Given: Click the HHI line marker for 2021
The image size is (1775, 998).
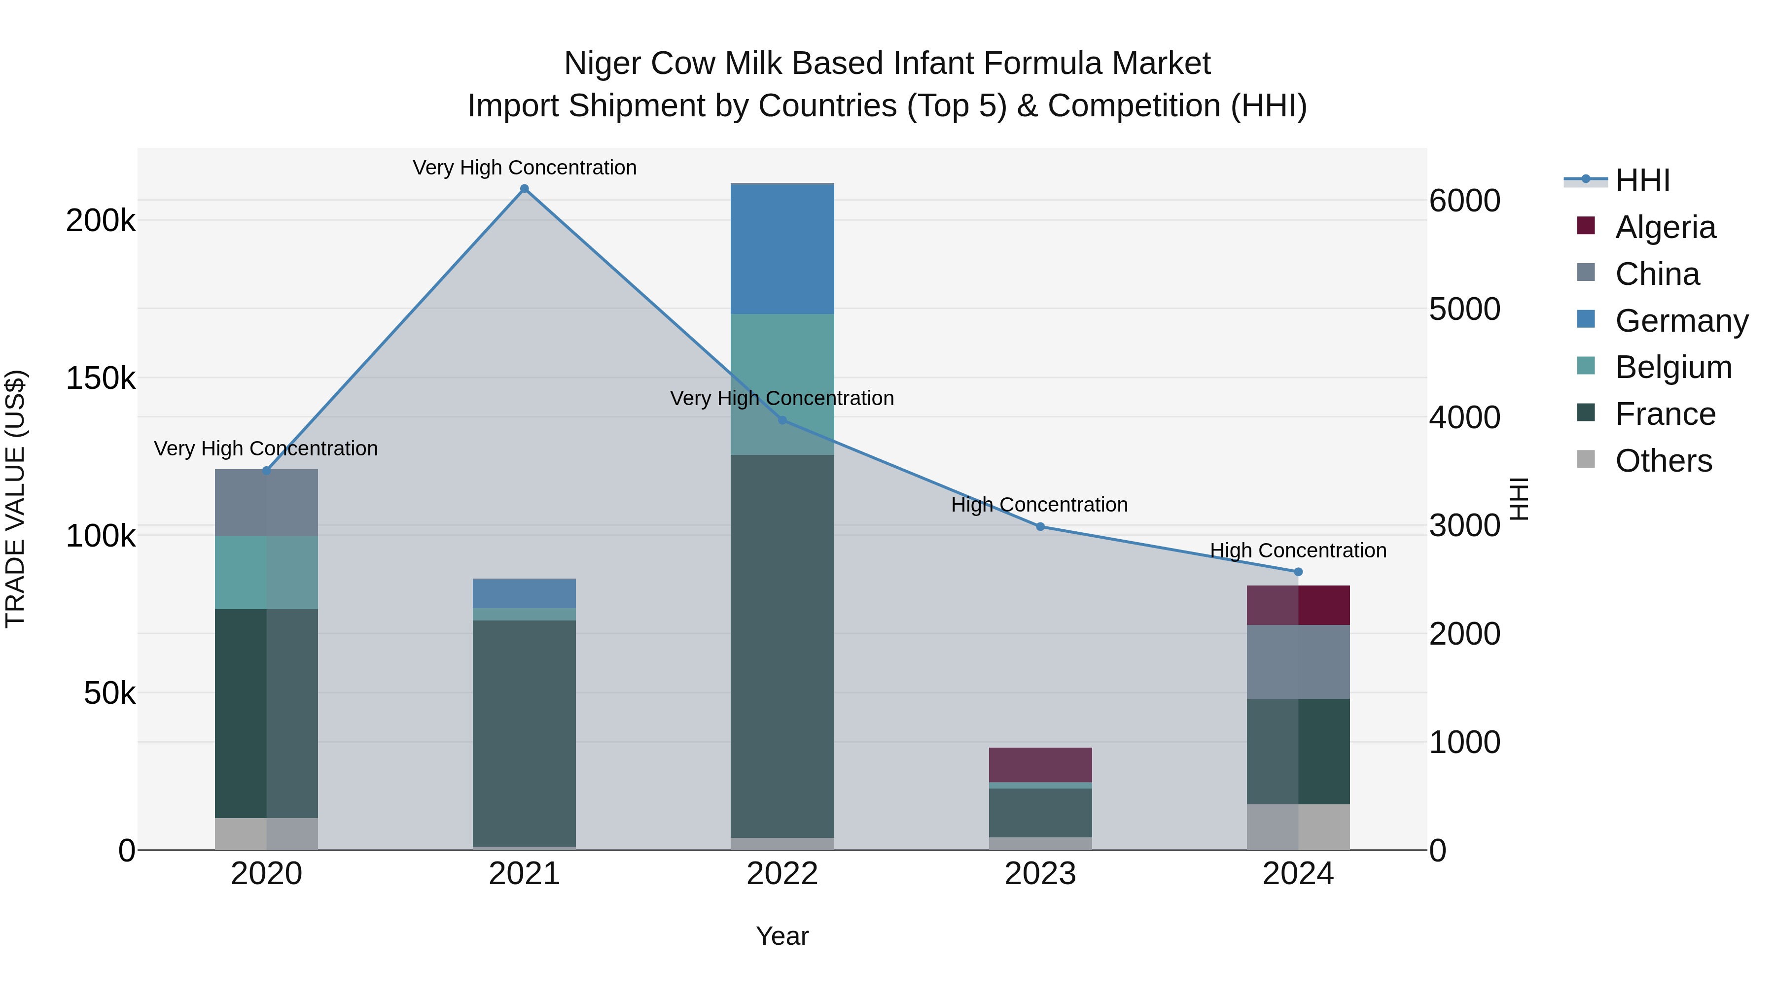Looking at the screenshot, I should click(x=525, y=189).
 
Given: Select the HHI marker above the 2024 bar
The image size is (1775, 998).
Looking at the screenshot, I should click(x=1298, y=572).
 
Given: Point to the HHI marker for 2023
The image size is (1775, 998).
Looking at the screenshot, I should click(x=1040, y=526).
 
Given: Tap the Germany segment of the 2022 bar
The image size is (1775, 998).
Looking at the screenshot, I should click(x=782, y=249).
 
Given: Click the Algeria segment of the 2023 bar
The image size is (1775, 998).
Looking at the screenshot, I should click(x=1040, y=764).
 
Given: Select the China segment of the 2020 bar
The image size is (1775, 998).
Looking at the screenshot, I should click(x=267, y=503).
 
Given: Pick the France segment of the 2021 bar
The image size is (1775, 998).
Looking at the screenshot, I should click(x=525, y=733).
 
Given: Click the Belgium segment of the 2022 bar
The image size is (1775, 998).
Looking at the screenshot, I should click(x=782, y=384).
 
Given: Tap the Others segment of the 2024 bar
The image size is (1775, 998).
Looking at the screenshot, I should click(x=1298, y=826).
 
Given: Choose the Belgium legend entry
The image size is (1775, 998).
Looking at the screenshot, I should click(x=1672, y=367).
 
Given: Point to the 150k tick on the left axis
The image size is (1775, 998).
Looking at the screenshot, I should click(x=101, y=378).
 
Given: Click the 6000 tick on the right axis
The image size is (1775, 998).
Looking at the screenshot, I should click(x=1464, y=201).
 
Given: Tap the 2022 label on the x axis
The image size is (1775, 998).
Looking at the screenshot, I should click(x=782, y=874).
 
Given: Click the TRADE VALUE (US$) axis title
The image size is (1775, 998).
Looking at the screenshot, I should click(x=15, y=499).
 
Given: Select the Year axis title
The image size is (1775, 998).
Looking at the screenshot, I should click(x=782, y=936).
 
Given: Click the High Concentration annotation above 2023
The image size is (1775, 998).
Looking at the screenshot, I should click(x=1039, y=505).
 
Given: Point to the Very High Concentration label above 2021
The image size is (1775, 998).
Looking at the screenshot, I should click(x=525, y=168).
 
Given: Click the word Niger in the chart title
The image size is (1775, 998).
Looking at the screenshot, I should click(x=602, y=64).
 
